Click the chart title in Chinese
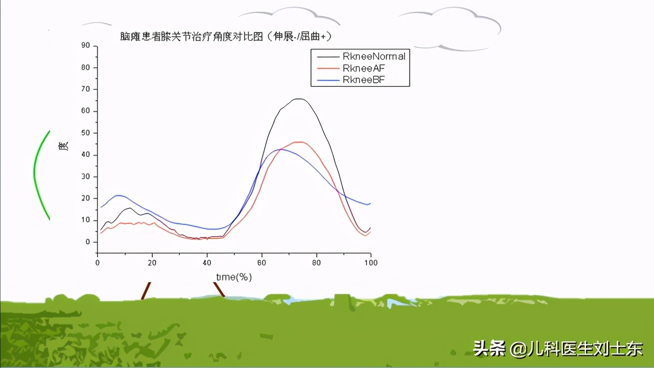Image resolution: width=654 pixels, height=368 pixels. point(228,36)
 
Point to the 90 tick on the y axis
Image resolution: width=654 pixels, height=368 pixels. point(85,46)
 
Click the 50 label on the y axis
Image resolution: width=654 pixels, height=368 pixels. point(85,133)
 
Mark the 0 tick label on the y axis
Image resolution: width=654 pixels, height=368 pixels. point(87,242)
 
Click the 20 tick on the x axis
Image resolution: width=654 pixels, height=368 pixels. point(152,262)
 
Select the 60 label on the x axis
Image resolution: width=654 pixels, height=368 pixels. point(262,262)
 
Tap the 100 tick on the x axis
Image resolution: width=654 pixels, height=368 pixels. point(370,262)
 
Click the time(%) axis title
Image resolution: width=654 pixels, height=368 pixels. point(233,277)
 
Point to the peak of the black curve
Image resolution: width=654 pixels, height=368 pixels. point(299,99)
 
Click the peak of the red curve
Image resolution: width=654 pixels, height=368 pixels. point(300,142)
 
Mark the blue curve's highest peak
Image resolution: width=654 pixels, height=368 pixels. point(280,149)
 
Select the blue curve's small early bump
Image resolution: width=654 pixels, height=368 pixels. point(119,195)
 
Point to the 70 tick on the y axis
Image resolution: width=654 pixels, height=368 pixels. point(85,89)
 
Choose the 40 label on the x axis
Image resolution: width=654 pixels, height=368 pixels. point(207,262)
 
